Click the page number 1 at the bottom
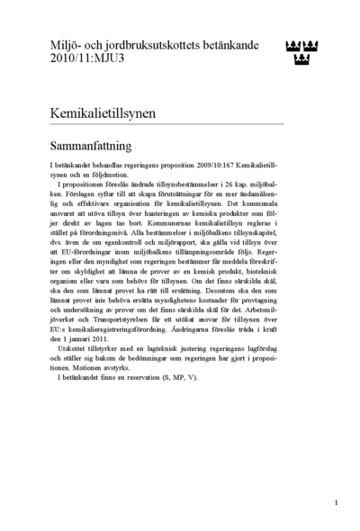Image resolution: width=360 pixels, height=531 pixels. pos(336,502)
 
